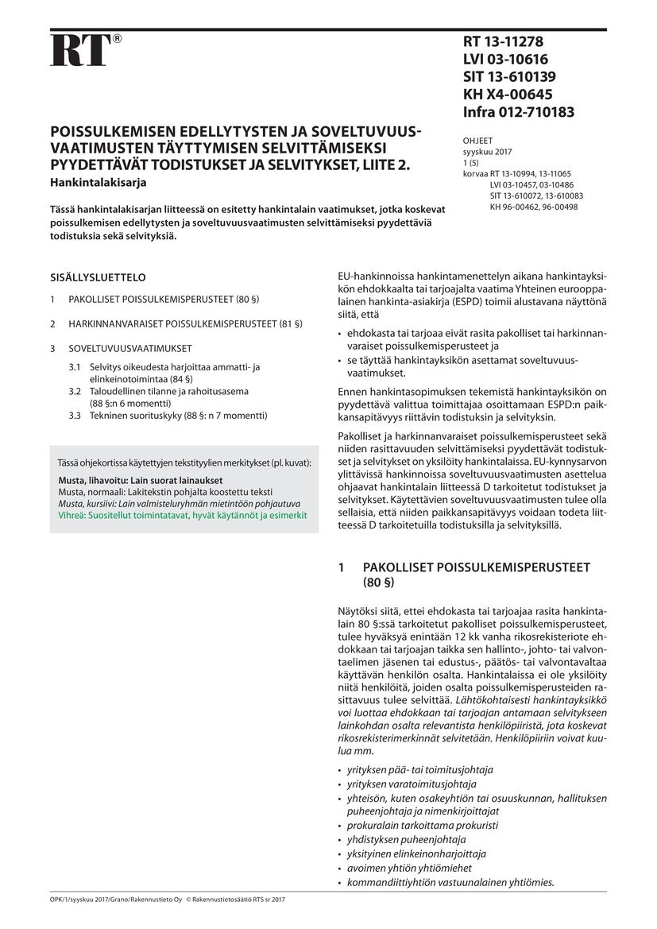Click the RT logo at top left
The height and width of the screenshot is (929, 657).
79,49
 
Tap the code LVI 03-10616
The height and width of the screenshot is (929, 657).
505,60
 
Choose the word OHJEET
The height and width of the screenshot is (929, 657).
477,141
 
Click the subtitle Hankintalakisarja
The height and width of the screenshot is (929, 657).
99,182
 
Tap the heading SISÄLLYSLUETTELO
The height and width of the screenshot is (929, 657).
98,278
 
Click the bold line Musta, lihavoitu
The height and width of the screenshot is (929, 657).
141,481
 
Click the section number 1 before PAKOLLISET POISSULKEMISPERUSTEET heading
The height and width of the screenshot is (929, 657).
342,567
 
